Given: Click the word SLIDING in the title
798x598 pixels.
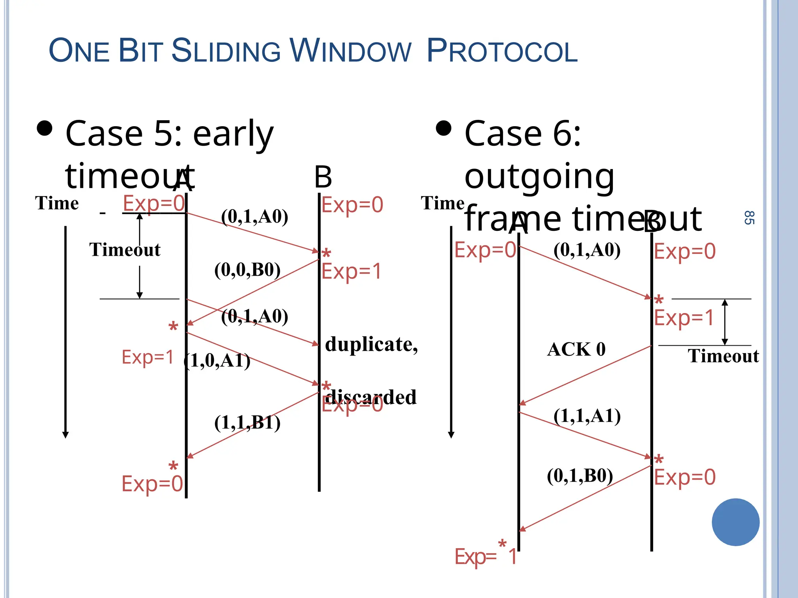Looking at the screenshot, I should [226, 51].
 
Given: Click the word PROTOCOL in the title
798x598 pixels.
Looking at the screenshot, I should [502, 51].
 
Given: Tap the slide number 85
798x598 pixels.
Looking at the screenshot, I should [749, 218].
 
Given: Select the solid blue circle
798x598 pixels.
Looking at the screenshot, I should [735, 522].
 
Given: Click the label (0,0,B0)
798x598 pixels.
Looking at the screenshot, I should [247, 270].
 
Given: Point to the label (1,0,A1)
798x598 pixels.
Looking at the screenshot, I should [217, 361].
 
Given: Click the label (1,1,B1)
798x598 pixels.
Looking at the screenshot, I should [247, 422].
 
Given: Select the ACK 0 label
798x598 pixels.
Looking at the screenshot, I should [576, 349].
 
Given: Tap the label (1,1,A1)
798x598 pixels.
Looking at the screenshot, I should [587, 416].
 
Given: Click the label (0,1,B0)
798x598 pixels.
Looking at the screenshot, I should [580, 476].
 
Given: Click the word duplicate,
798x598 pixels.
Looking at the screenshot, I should [371, 345].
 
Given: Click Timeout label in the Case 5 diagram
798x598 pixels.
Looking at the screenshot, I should [125, 250].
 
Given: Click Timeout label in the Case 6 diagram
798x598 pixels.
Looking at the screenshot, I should [723, 356].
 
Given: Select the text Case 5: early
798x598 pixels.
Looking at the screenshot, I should [169, 133].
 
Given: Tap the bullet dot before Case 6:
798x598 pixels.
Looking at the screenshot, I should [443, 128].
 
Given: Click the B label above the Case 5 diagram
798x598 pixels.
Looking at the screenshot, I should [323, 177].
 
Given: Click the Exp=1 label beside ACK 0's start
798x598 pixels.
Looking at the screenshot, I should [684, 317].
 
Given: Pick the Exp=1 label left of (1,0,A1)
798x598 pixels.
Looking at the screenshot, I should [147, 357].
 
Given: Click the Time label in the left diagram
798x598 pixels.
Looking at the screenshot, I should [57, 203].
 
